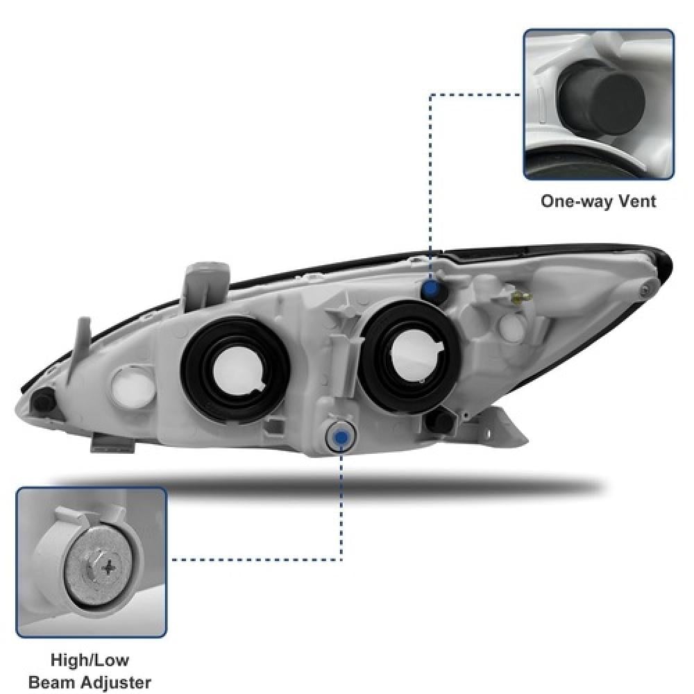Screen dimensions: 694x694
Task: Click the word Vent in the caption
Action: point(636,201)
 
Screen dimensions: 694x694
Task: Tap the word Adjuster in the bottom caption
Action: point(116,682)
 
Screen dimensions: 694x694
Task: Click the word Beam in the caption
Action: point(53,682)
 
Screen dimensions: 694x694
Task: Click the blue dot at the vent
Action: point(432,289)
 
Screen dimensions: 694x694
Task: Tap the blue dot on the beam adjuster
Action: point(341,436)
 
